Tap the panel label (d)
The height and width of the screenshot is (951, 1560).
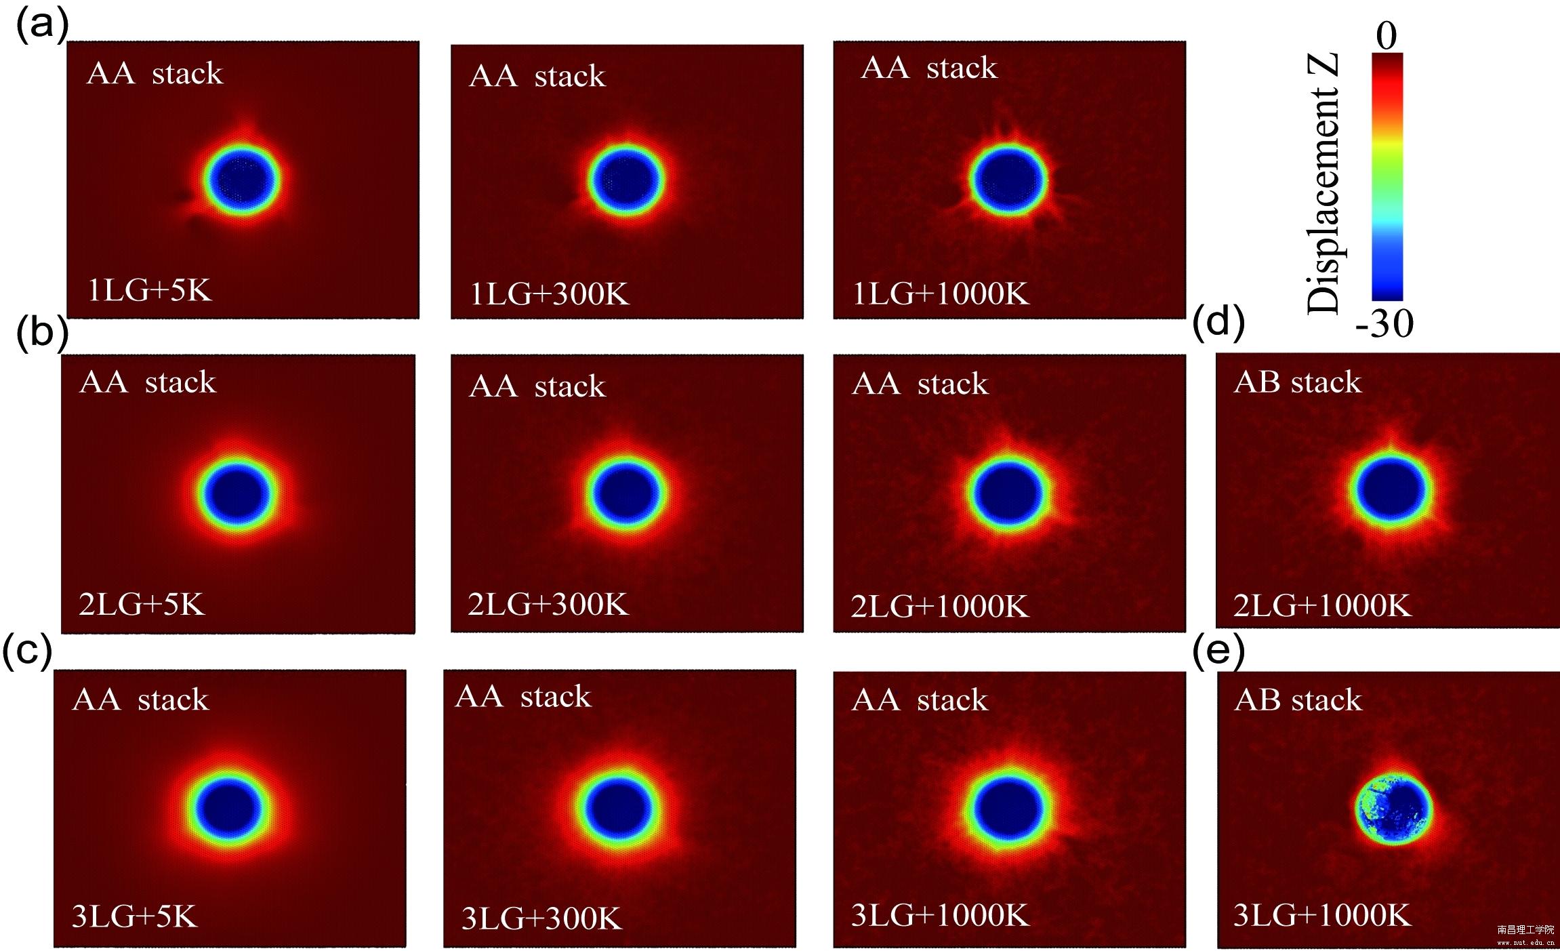pyautogui.click(x=1218, y=321)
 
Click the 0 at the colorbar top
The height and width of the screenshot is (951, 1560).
pyautogui.click(x=1386, y=35)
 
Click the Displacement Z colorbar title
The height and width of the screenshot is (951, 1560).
pyautogui.click(x=1323, y=183)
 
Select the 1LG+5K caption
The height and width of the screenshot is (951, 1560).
pyautogui.click(x=150, y=290)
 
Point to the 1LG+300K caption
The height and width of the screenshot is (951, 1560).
pyautogui.click(x=550, y=294)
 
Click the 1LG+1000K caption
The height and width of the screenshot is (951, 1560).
pyautogui.click(x=941, y=294)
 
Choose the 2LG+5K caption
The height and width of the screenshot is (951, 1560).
pyautogui.click(x=142, y=603)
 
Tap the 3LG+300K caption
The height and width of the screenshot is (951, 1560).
pyautogui.click(x=541, y=918)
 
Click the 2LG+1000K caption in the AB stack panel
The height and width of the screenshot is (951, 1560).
pyautogui.click(x=1322, y=605)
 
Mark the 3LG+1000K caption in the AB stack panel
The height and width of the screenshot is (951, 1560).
pyautogui.click(x=1322, y=915)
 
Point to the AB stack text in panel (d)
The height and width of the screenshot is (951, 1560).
pyautogui.click(x=1297, y=382)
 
